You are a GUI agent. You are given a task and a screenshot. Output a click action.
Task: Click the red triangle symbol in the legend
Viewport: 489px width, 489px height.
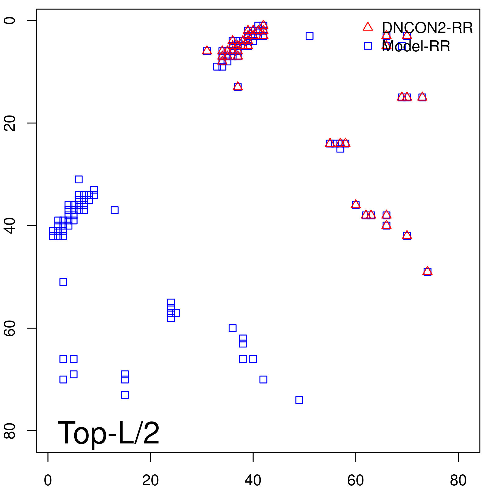(x=368, y=27)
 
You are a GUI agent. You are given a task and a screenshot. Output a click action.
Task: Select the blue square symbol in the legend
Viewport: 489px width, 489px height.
(x=368, y=46)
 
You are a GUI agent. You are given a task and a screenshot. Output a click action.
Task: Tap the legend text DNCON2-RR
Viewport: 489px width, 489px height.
(x=427, y=28)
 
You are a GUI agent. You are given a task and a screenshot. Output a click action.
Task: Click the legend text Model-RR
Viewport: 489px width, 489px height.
(x=416, y=47)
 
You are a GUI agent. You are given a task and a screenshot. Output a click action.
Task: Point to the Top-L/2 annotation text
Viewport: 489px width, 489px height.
(x=108, y=433)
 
